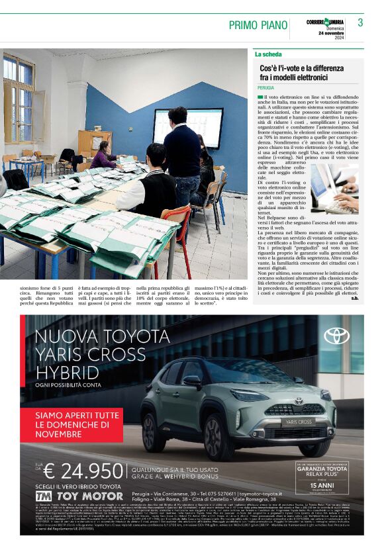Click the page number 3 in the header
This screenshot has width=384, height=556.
pyautogui.click(x=360, y=23)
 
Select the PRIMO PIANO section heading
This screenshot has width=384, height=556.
pyautogui.click(x=257, y=25)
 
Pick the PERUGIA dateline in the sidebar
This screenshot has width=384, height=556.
pyautogui.click(x=266, y=88)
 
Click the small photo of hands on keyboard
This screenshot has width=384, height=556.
pyautogui.click(x=335, y=189)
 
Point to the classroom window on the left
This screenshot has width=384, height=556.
pyautogui.click(x=19, y=99)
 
